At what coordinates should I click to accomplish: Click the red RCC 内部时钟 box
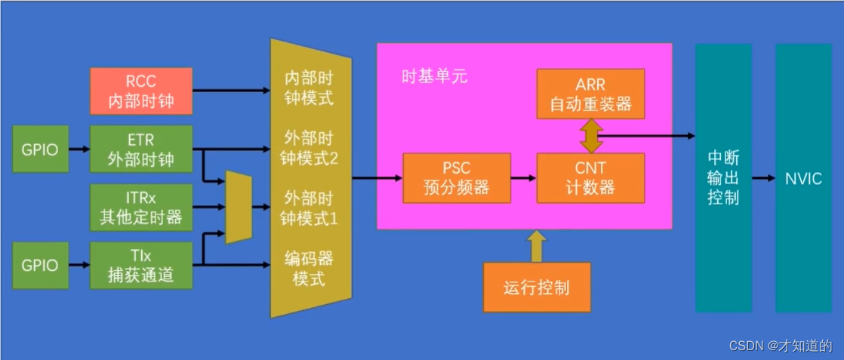pyautogui.click(x=141, y=91)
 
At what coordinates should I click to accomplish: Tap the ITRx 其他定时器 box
pyautogui.click(x=141, y=208)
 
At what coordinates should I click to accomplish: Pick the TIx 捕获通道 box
pyautogui.click(x=141, y=266)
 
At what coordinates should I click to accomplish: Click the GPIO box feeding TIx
pyautogui.click(x=40, y=266)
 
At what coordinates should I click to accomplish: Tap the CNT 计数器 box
pyautogui.click(x=590, y=178)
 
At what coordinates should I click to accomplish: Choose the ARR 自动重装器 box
pyautogui.click(x=590, y=94)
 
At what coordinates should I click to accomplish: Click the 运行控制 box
pyautogui.click(x=537, y=288)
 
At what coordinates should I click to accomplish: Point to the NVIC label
pyautogui.click(x=802, y=179)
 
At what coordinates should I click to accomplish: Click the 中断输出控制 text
pyautogui.click(x=723, y=179)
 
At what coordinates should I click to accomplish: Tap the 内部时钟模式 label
pyautogui.click(x=308, y=88)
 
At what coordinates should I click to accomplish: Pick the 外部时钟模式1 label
pyautogui.click(x=309, y=208)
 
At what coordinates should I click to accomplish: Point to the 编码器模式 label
pyautogui.click(x=308, y=267)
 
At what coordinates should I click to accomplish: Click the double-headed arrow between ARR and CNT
pyautogui.click(x=590, y=136)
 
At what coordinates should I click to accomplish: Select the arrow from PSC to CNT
pyautogui.click(x=523, y=178)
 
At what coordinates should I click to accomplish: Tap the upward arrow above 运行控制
pyautogui.click(x=536, y=246)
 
